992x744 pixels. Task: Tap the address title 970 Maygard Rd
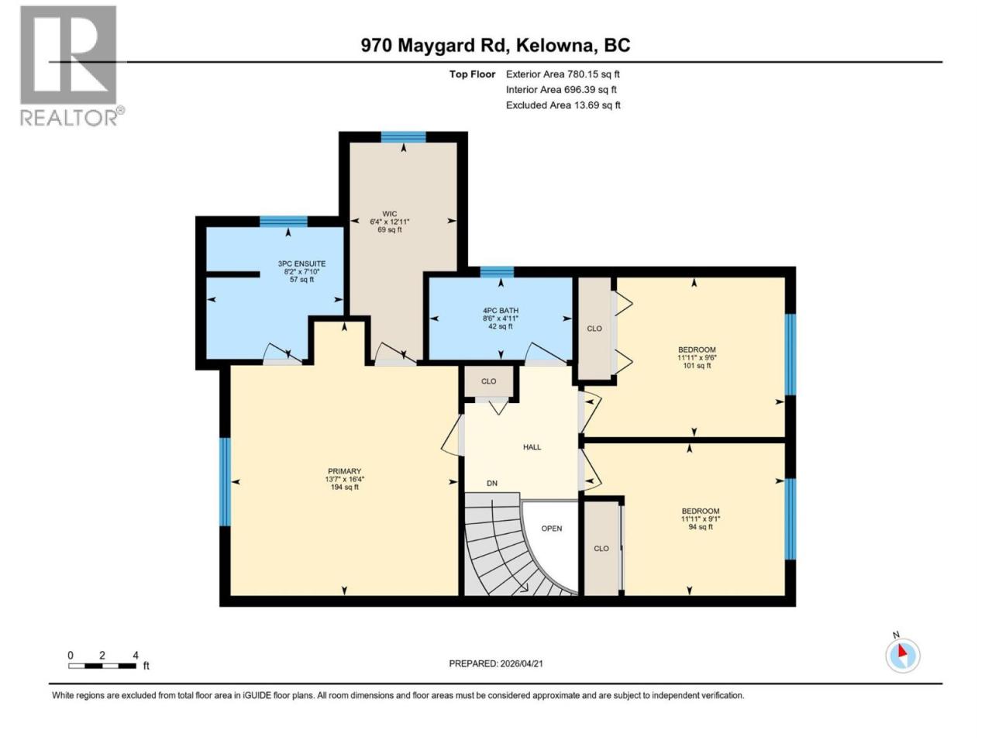[x=434, y=46]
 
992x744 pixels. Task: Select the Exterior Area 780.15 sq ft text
[x=563, y=74]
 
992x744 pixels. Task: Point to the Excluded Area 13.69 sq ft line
[x=563, y=105]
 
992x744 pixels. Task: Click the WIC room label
[x=390, y=214]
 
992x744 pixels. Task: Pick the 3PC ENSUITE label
[x=301, y=263]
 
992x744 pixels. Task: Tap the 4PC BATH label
[x=501, y=311]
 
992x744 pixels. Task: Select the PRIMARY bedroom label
[x=344, y=471]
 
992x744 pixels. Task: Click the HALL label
[x=532, y=447]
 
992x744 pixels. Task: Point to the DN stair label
[x=492, y=484]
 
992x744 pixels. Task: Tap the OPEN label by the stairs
[x=552, y=529]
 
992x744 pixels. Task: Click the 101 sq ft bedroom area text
[x=697, y=366]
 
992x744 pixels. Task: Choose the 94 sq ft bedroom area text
[x=701, y=527]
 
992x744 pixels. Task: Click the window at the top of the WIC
[x=403, y=137]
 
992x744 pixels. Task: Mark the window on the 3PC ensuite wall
[x=284, y=222]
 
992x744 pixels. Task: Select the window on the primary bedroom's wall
[x=225, y=481]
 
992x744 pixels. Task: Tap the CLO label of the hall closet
[x=488, y=381]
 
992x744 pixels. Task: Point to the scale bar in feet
[x=102, y=666]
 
